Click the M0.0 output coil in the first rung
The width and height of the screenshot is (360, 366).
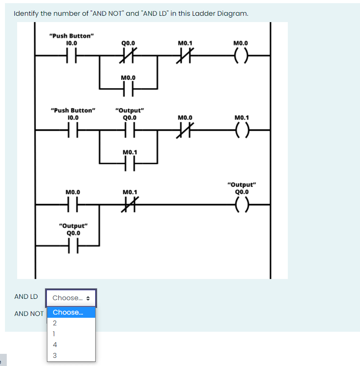240,56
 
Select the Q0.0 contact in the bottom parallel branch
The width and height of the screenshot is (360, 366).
73,246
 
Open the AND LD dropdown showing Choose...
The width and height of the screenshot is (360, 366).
71,298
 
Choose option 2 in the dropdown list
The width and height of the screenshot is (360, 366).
55,323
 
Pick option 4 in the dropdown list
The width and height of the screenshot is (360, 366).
55,344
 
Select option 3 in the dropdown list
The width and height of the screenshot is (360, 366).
55,355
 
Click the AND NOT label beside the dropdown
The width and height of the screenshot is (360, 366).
29,314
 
